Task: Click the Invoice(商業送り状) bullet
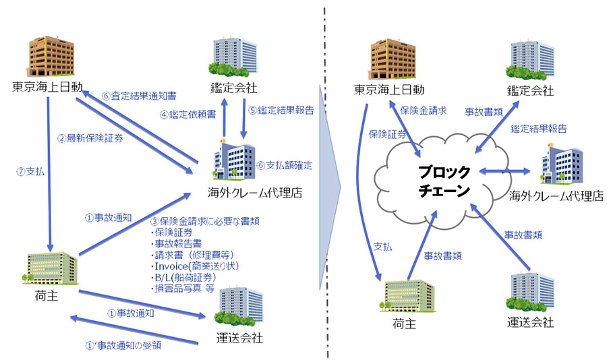(x=196, y=265)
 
